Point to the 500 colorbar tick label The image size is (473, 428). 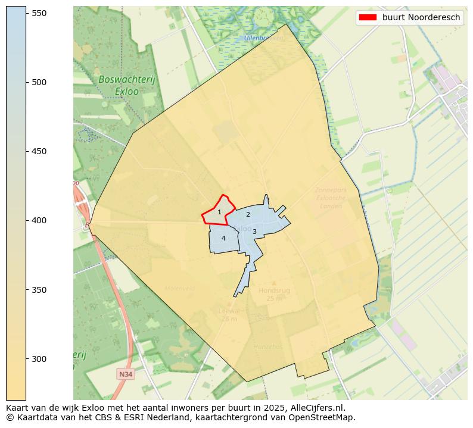(x=40, y=82)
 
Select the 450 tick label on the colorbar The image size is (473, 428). (x=40, y=151)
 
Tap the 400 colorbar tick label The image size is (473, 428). (x=40, y=220)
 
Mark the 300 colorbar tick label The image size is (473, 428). (x=40, y=359)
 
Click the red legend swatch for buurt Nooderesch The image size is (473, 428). (x=367, y=18)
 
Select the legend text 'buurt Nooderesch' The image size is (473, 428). (x=421, y=18)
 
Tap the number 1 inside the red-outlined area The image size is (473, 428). (x=219, y=213)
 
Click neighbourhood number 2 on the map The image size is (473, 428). (x=248, y=214)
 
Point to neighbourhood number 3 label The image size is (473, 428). (x=254, y=232)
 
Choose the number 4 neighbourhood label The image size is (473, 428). (x=223, y=238)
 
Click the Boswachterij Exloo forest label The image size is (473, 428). (x=119, y=85)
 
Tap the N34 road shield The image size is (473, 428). (x=125, y=374)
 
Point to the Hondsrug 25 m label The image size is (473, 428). (x=274, y=294)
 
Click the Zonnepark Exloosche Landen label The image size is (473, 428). (x=331, y=198)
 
